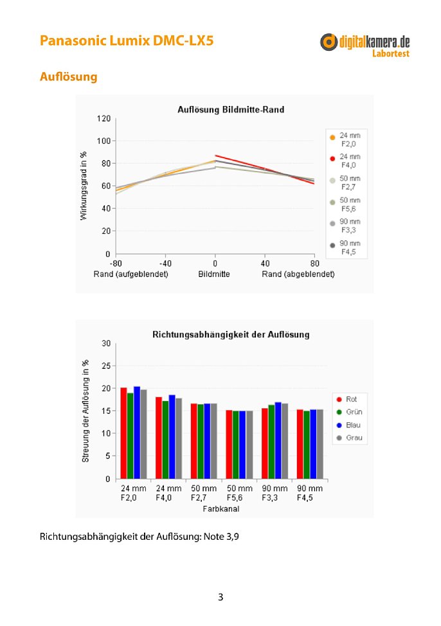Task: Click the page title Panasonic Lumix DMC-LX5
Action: tap(127, 40)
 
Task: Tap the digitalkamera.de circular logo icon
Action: tap(328, 42)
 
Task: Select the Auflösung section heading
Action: tap(68, 76)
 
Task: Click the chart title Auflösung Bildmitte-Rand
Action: tap(231, 109)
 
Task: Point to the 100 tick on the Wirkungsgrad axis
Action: tap(104, 141)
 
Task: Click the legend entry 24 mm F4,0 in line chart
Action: tap(346, 161)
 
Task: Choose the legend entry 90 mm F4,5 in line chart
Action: tap(346, 247)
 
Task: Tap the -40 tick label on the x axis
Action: tap(165, 264)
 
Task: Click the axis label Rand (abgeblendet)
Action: tap(298, 274)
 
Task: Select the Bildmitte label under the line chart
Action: tap(214, 274)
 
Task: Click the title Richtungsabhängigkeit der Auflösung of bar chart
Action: tap(231, 335)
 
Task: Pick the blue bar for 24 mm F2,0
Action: tap(137, 433)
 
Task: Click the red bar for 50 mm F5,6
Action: tap(230, 444)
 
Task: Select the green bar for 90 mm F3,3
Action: tap(271, 442)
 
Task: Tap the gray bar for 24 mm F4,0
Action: tap(179, 438)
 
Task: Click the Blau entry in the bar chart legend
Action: tap(348, 425)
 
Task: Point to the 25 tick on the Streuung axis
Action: tap(106, 366)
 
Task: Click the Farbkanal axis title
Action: tap(221, 508)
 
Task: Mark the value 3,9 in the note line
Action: tap(233, 536)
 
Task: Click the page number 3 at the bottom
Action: tap(221, 597)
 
